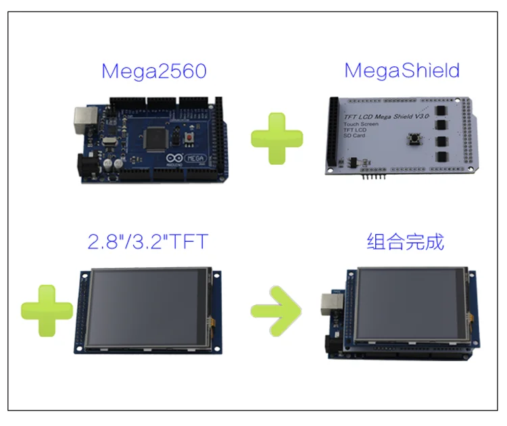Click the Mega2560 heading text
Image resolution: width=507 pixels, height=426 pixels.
[x=153, y=71]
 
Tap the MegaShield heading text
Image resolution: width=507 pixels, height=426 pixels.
[x=402, y=70]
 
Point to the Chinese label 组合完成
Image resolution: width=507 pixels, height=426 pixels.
[x=405, y=241]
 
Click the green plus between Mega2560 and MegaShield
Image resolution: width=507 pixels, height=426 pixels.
[x=277, y=138]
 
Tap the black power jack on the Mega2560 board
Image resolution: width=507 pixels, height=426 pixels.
[x=87, y=165]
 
